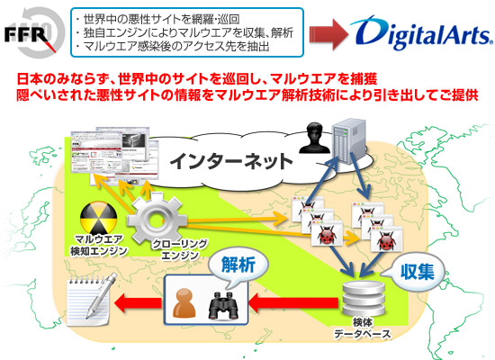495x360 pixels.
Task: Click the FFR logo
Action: click(x=33, y=32)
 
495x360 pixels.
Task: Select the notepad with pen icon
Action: click(x=88, y=298)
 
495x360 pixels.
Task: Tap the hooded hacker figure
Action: click(x=310, y=139)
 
